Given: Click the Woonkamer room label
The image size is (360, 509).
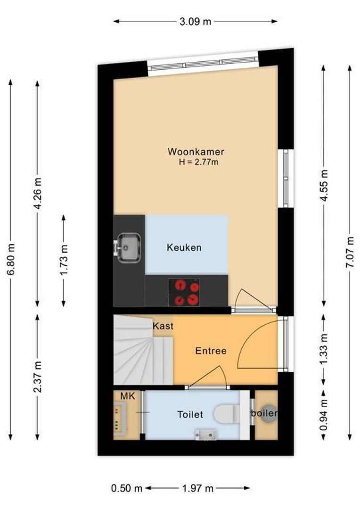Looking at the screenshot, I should coord(196,152).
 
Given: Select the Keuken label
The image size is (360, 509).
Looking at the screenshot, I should coord(184,247).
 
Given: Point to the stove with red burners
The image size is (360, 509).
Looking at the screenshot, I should coord(184,292).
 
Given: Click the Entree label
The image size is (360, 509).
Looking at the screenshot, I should coord(211,351).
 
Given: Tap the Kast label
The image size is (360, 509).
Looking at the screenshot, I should coord(163,326).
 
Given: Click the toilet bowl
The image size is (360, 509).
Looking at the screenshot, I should coord(225,415).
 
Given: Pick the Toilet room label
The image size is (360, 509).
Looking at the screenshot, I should coord(190,415).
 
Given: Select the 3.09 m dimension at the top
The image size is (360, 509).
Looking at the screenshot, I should coord(196,21).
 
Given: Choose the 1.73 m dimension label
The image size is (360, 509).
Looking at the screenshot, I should coord(64,260).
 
